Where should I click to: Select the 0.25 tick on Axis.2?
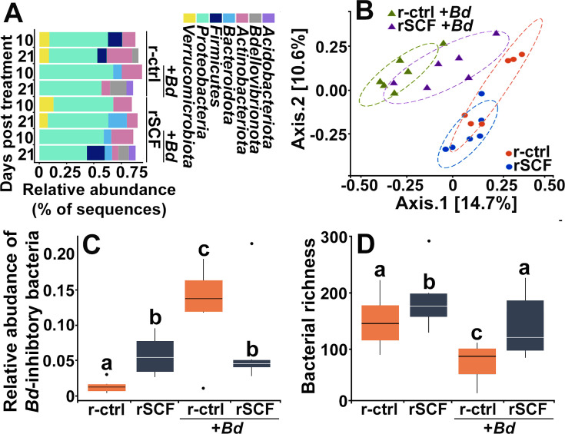333,47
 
